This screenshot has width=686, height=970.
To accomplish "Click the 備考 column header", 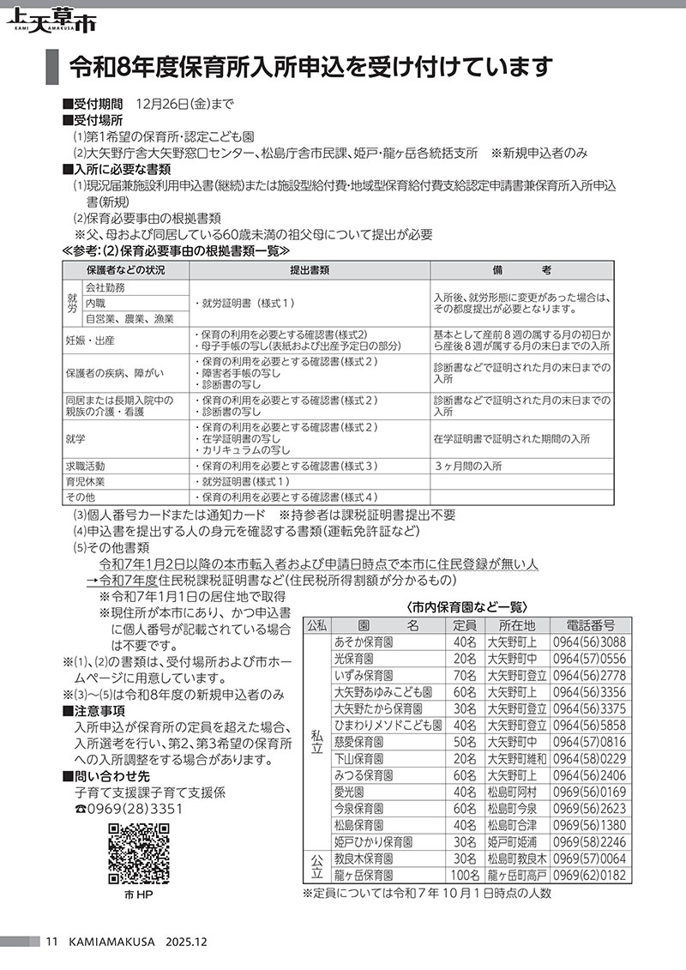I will coord(523,270).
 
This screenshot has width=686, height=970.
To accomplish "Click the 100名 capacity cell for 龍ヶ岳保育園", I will coord(464,876).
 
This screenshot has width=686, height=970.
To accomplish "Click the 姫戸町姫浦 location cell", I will coord(512,841).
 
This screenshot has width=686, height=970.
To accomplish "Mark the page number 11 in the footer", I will coord(51,941).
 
